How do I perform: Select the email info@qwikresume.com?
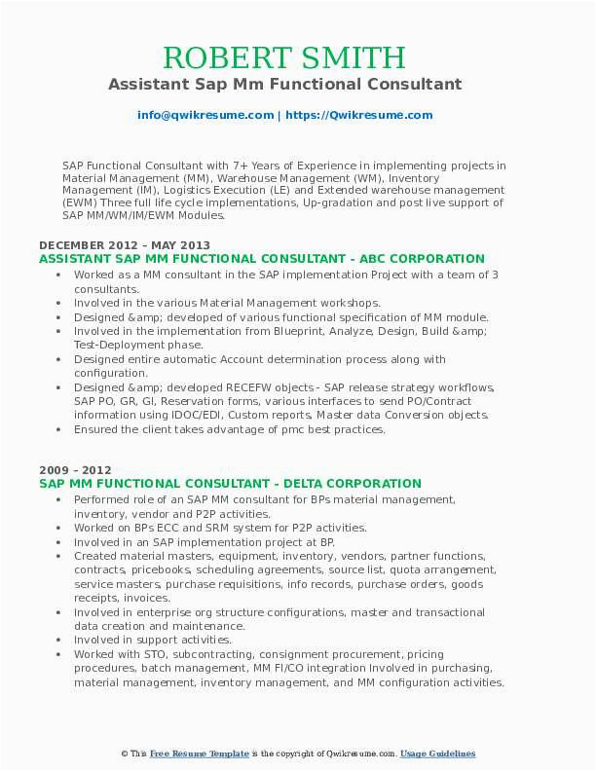point(206,115)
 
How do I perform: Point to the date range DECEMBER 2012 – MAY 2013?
point(125,245)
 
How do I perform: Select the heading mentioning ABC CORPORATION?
point(262,259)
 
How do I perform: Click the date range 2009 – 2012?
point(75,469)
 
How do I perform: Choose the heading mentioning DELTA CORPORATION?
point(231,483)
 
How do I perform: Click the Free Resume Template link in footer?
point(200,753)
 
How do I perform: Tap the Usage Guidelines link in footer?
point(438,753)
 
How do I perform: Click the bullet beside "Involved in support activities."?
point(60,641)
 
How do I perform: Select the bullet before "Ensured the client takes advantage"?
point(60,429)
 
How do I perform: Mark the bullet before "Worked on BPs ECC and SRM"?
point(60,528)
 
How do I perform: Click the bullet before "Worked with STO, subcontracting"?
point(60,654)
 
